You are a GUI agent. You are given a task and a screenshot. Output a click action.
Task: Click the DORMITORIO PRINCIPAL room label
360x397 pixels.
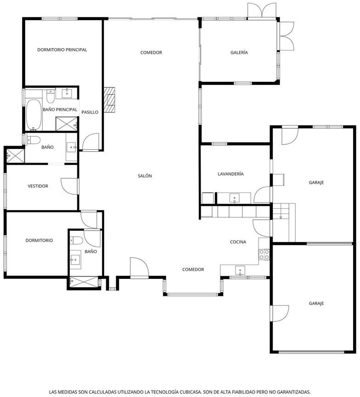click(x=62, y=50)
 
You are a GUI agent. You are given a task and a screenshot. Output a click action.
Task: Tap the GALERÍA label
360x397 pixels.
click(x=239, y=52)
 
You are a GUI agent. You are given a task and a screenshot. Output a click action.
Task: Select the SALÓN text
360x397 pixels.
click(x=145, y=176)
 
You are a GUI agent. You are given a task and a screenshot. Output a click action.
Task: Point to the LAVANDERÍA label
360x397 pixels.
click(x=231, y=174)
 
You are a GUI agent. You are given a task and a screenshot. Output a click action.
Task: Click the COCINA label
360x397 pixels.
click(x=238, y=242)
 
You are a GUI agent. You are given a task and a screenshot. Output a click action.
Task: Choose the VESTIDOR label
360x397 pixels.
click(x=38, y=186)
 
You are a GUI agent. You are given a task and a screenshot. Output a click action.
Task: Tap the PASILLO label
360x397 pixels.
click(x=90, y=112)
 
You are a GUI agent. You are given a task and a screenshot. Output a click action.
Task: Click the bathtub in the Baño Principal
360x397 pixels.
click(x=34, y=115)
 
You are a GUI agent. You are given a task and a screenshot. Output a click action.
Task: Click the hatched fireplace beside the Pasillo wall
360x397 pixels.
click(x=109, y=100)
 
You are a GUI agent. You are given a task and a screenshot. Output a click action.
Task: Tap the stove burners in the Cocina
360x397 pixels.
click(x=264, y=255)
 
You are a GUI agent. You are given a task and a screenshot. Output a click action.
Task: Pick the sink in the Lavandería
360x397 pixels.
click(x=235, y=198)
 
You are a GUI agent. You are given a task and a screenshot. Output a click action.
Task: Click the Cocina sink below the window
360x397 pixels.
click(x=240, y=270)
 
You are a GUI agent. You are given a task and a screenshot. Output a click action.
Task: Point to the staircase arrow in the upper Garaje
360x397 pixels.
click(x=281, y=217)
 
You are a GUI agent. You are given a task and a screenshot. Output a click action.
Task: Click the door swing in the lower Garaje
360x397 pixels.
click(x=280, y=313)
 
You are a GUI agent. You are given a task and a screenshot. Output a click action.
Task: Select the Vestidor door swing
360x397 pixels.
click(x=69, y=187)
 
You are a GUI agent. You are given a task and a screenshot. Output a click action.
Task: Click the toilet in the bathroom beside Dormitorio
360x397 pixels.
click(x=76, y=240)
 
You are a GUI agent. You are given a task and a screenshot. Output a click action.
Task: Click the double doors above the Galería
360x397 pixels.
click(x=262, y=11)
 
